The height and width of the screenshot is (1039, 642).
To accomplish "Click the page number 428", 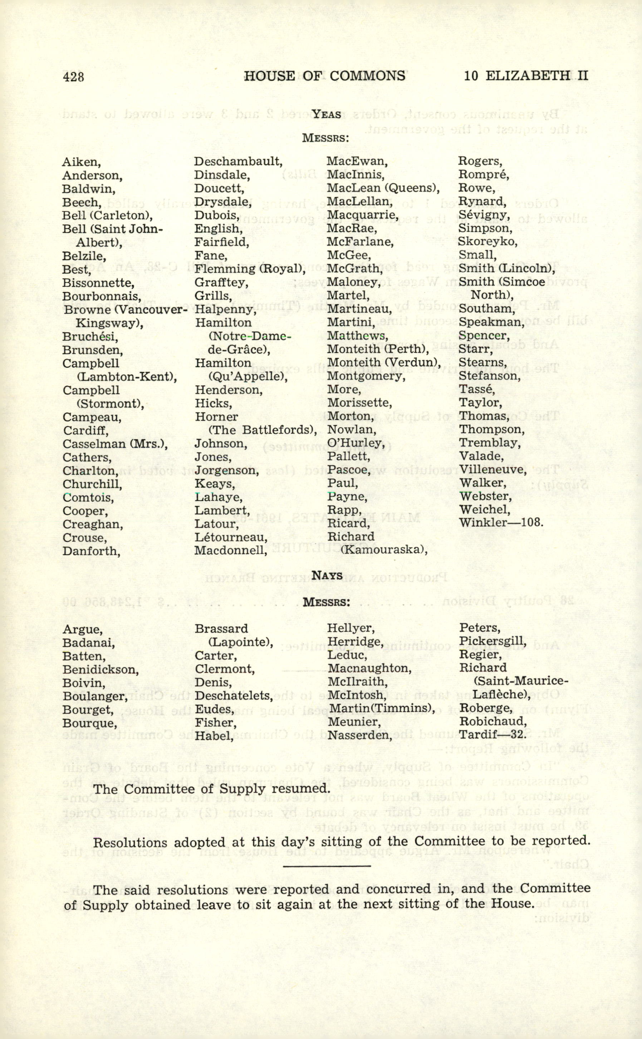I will point(73,77).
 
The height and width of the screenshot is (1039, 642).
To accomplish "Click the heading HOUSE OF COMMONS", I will point(324,76).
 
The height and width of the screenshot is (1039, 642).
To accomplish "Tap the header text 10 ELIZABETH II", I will point(526,75).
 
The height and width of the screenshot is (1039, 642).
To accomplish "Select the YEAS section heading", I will point(326,114).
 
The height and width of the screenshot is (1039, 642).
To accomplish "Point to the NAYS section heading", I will point(327,575).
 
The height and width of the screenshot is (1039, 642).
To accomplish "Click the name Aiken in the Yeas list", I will point(81,162).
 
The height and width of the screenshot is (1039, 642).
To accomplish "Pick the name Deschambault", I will point(238,162).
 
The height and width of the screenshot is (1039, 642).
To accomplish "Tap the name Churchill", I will point(92,484).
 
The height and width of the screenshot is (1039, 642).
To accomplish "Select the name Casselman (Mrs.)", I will point(115,444).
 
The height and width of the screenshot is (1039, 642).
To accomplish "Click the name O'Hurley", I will point(356,444).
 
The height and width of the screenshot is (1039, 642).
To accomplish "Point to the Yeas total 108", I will point(532,522).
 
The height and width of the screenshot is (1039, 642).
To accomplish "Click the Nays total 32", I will point(518,735).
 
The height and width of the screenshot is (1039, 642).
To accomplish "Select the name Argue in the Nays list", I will point(82,629).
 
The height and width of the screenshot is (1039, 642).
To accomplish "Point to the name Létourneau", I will point(231,538).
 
